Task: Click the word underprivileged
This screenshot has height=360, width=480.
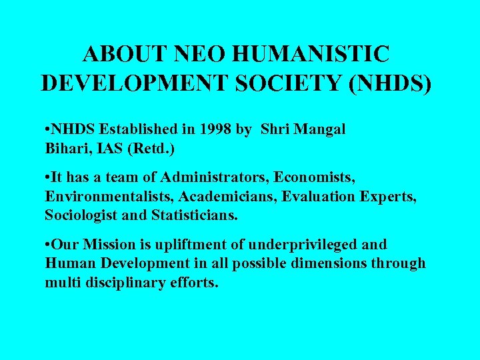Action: pos(295,245)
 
